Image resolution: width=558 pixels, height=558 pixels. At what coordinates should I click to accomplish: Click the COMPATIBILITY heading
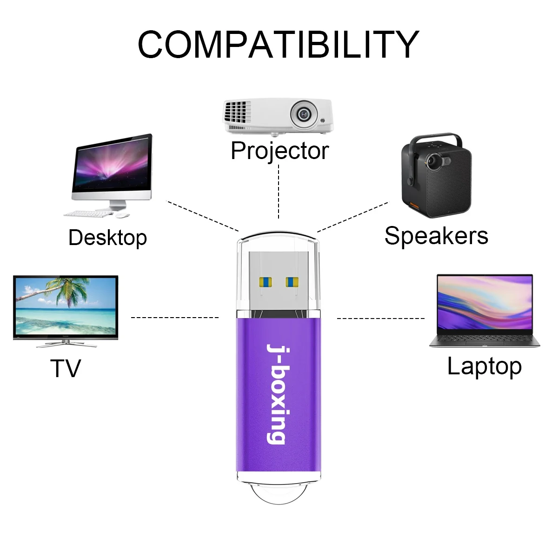point(279,44)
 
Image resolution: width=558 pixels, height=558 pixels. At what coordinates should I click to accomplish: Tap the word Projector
point(280,151)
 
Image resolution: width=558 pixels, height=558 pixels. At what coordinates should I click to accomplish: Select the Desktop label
point(108,238)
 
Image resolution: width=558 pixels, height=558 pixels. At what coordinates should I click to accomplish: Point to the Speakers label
point(436,236)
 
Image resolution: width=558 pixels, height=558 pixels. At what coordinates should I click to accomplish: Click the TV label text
point(66,368)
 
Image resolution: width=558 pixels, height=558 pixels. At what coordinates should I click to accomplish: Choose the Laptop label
point(485,367)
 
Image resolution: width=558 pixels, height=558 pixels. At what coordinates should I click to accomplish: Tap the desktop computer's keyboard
point(88,214)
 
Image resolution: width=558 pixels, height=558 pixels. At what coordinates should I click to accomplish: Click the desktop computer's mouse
point(122,215)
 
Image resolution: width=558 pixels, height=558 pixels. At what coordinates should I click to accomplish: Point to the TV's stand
point(66,344)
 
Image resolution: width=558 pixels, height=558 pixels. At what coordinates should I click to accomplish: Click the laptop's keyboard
point(485,338)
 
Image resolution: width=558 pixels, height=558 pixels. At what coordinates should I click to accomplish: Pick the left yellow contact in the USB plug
point(266,281)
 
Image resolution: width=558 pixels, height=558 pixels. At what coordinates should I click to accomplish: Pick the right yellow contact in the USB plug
point(292,282)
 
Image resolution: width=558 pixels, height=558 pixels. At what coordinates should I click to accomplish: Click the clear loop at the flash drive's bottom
point(279,496)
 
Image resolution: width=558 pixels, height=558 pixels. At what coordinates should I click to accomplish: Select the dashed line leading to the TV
point(175,318)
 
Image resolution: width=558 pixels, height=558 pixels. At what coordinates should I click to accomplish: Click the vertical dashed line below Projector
point(279,192)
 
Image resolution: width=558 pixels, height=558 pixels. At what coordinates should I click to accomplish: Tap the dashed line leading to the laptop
point(381,319)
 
